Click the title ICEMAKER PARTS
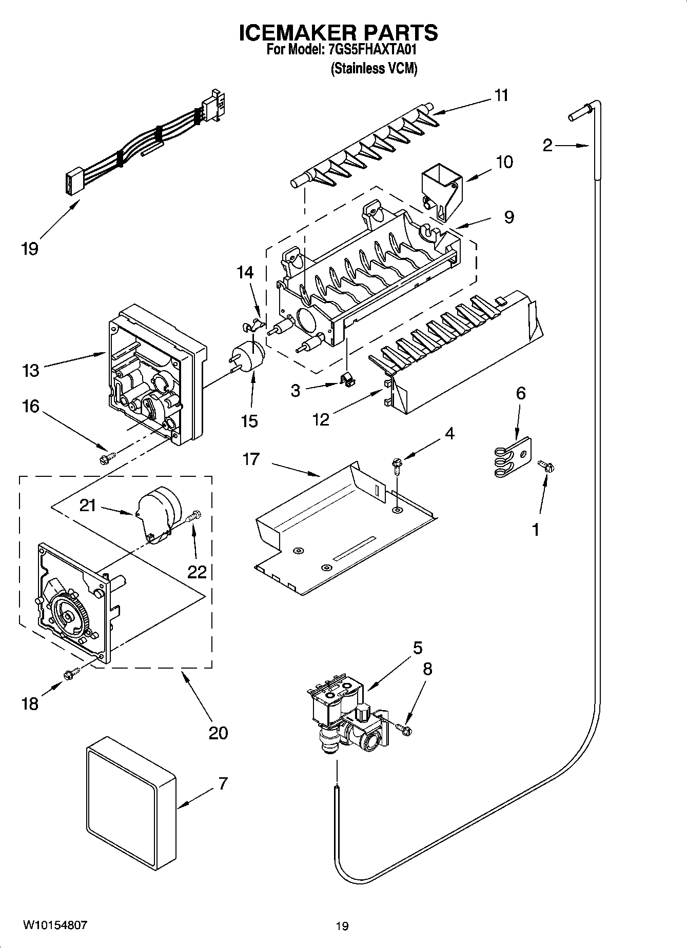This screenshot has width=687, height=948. (x=338, y=33)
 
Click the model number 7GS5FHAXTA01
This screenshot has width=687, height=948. (x=371, y=50)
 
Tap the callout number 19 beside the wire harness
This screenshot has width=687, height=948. (x=30, y=249)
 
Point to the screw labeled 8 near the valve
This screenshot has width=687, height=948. (x=404, y=728)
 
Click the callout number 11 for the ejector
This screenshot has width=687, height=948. (x=501, y=95)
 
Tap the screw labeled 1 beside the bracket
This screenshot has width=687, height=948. (x=544, y=466)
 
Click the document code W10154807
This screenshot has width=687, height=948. (x=55, y=925)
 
